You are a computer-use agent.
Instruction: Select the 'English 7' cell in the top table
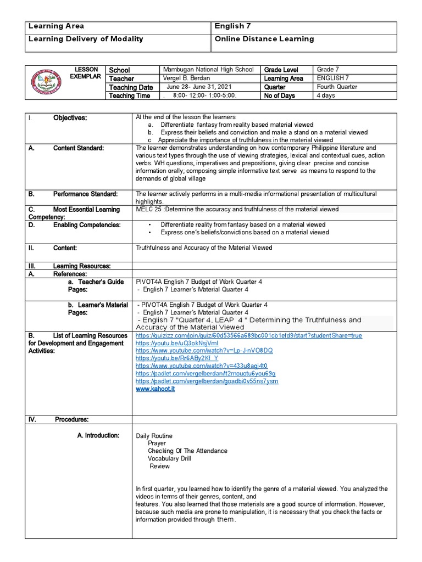pyautogui.click(x=234, y=26)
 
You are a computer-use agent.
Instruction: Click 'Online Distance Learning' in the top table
pyautogui.click(x=264, y=39)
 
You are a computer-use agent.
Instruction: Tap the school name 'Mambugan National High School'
pyautogui.click(x=208, y=70)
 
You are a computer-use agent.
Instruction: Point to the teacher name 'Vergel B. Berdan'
pyautogui.click(x=188, y=78)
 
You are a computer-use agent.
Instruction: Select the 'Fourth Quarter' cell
pyautogui.click(x=337, y=87)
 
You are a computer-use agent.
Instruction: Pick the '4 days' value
pyautogui.click(x=326, y=95)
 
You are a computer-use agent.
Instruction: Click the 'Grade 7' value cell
pyautogui.click(x=329, y=70)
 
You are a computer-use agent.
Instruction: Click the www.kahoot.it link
pyautogui.click(x=155, y=389)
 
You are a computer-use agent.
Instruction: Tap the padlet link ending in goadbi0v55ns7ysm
pyautogui.click(x=207, y=381)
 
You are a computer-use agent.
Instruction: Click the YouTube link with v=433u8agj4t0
pyautogui.click(x=201, y=366)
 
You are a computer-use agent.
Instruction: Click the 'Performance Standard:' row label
pyautogui.click(x=85, y=194)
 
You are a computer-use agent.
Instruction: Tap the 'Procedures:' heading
pyautogui.click(x=71, y=419)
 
